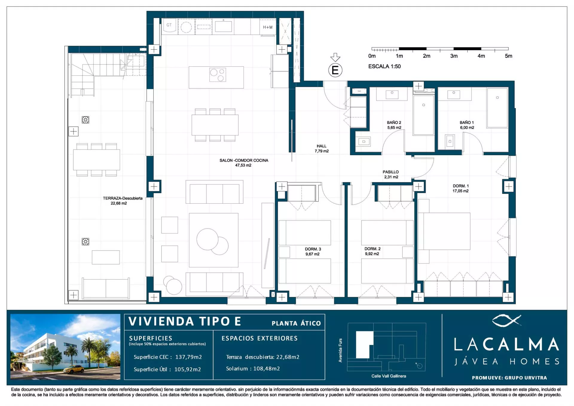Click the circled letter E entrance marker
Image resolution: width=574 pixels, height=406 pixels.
pyautogui.click(x=335, y=70)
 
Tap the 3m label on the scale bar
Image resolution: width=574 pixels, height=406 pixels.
pyautogui.click(x=454, y=56)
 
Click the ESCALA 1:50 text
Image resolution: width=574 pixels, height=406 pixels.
pyautogui.click(x=384, y=66)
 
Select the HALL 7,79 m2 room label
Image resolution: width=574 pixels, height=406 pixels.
pyautogui.click(x=321, y=149)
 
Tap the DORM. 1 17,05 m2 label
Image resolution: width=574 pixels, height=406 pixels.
pyautogui.click(x=460, y=188)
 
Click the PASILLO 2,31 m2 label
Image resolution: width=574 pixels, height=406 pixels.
pyautogui.click(x=390, y=174)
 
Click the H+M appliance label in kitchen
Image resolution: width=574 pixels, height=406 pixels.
pyautogui.click(x=268, y=27)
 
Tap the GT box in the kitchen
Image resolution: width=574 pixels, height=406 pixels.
pyautogui.click(x=169, y=25)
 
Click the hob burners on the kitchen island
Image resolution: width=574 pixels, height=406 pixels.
pyautogui.click(x=217, y=75)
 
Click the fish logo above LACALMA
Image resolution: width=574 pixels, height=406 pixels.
pyautogui.click(x=506, y=320)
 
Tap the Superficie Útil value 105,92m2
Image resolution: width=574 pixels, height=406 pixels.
pyautogui.click(x=187, y=369)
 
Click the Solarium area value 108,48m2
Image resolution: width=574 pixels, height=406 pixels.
pyautogui.click(x=266, y=369)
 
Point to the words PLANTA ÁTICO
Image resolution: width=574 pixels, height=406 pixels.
pyautogui.click(x=296, y=323)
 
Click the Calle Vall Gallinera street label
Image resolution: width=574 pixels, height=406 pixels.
pyautogui.click(x=388, y=376)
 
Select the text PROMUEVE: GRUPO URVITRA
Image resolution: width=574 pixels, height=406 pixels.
pyautogui.click(x=509, y=378)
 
